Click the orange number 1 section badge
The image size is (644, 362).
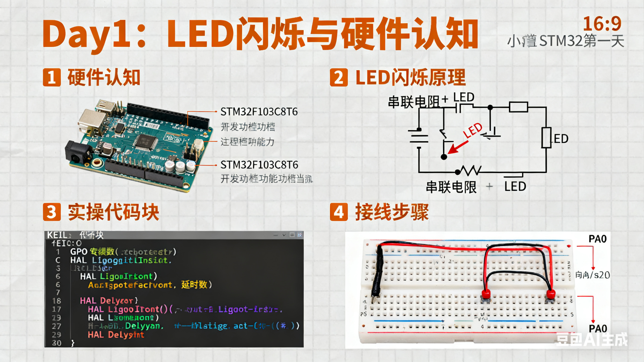(x=52, y=77)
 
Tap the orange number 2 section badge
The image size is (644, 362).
(x=339, y=77)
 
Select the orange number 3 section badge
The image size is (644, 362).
(x=52, y=212)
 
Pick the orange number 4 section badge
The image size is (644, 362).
(x=339, y=212)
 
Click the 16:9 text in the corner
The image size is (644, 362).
(x=602, y=24)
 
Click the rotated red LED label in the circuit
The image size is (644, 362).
(x=473, y=130)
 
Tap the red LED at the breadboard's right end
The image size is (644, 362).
(x=551, y=294)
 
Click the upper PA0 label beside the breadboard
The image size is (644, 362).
(x=598, y=239)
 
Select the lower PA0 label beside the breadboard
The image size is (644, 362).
(x=598, y=328)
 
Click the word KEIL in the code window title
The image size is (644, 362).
(x=57, y=235)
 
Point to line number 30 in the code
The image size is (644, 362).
(x=57, y=343)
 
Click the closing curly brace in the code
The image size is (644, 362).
(x=72, y=343)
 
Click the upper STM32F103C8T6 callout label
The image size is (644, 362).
(x=259, y=112)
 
